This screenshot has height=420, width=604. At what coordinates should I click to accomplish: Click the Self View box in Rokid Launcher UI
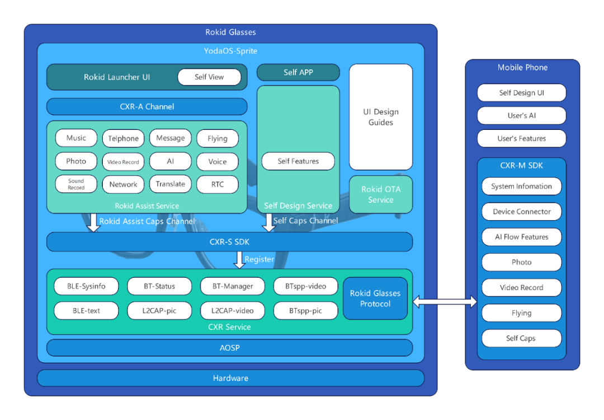(x=209, y=77)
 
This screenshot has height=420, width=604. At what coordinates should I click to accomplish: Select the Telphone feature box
(x=123, y=138)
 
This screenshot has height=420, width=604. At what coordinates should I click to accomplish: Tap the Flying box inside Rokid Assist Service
(x=218, y=138)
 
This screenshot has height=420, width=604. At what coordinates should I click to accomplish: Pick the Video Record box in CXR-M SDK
(x=521, y=288)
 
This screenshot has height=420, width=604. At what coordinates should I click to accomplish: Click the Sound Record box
(x=76, y=184)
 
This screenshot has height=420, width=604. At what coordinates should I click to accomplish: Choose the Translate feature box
(x=171, y=184)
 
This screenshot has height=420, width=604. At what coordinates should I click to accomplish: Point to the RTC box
(x=218, y=184)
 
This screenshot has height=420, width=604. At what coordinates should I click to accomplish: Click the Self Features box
(x=298, y=161)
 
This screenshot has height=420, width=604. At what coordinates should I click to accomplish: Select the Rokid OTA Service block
(x=381, y=194)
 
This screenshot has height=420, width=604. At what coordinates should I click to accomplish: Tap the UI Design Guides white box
(x=381, y=117)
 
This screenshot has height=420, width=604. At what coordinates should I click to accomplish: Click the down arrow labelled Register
(x=239, y=260)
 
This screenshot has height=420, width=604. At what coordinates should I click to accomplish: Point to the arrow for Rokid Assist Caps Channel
(x=93, y=222)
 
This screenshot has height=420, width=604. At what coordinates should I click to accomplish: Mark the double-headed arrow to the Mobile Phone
(x=445, y=302)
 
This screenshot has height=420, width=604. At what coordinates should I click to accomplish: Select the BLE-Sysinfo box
(x=86, y=286)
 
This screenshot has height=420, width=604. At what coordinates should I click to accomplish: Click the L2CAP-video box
(x=233, y=311)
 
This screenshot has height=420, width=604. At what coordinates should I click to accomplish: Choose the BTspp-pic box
(x=305, y=311)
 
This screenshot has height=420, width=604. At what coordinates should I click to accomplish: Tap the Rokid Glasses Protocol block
(x=375, y=298)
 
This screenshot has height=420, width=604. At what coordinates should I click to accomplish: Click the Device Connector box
(x=521, y=212)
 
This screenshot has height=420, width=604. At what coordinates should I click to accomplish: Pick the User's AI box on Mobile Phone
(x=521, y=116)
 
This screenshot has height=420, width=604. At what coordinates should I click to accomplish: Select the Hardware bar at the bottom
(x=230, y=379)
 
